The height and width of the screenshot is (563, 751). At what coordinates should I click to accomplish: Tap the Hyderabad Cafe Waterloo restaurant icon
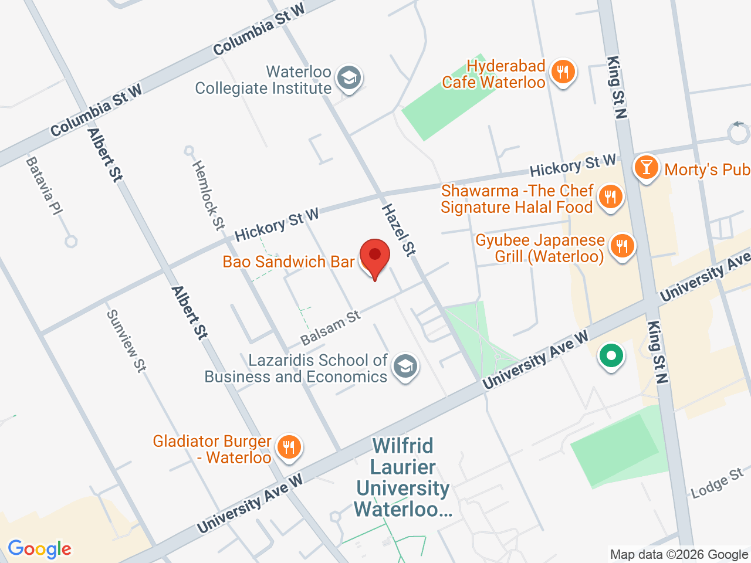click(563, 73)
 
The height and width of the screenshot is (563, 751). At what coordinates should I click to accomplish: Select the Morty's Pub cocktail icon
click(646, 168)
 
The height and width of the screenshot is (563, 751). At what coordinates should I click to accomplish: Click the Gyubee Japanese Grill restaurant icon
click(622, 246)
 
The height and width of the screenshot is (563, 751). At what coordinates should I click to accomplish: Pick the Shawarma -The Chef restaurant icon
click(611, 197)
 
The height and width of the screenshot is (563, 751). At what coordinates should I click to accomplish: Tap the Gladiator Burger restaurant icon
click(288, 447)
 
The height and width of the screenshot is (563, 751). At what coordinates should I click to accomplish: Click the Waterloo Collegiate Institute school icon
click(350, 78)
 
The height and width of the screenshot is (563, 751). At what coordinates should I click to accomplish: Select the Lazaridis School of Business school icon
click(405, 367)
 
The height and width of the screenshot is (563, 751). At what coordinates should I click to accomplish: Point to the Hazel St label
click(399, 230)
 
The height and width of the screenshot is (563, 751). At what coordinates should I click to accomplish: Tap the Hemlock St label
click(208, 195)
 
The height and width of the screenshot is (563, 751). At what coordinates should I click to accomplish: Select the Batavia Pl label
click(45, 186)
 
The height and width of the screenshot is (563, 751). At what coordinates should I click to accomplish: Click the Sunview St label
click(126, 341)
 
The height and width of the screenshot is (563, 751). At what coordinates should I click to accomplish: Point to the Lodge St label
click(717, 483)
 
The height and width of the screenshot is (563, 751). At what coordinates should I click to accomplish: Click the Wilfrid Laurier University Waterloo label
click(403, 477)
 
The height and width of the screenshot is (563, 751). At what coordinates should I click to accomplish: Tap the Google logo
click(39, 550)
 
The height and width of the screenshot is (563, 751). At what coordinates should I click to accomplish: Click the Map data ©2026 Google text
click(679, 554)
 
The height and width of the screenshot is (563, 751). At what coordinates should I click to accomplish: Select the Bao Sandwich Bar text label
click(289, 262)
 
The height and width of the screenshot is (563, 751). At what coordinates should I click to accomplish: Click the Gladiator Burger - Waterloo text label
click(212, 449)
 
